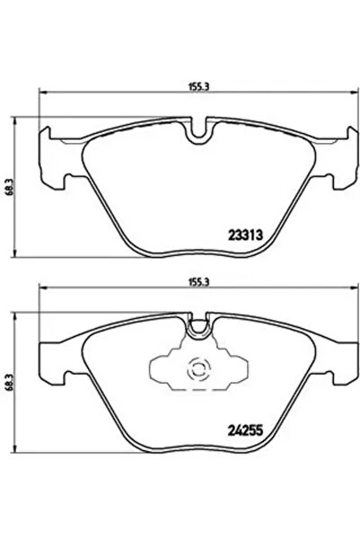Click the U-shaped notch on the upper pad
pos(200,131)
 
